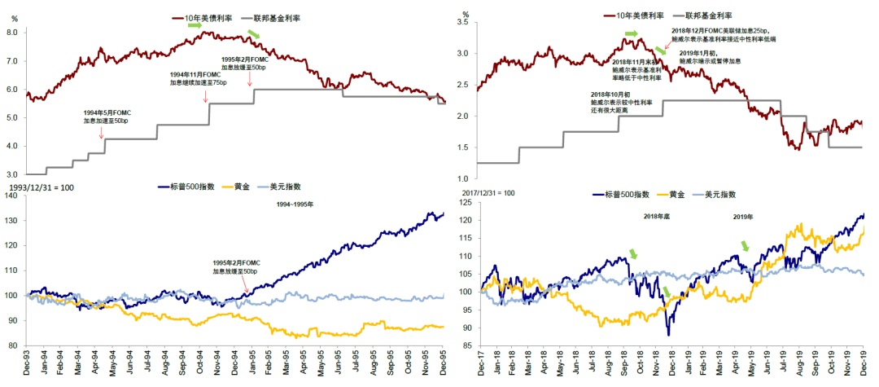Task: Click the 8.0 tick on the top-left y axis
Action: tap(12, 33)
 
